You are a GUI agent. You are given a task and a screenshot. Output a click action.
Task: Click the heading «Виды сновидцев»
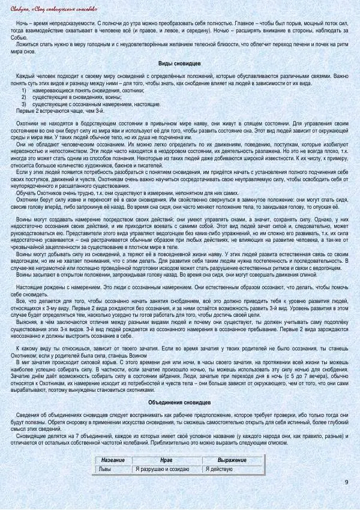179,64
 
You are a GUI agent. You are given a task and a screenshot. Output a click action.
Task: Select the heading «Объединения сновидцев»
179,403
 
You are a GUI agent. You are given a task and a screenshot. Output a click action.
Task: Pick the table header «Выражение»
232,460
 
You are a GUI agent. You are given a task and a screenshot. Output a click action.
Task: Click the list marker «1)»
24,89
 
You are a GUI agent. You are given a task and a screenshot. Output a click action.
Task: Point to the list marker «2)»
24,96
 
